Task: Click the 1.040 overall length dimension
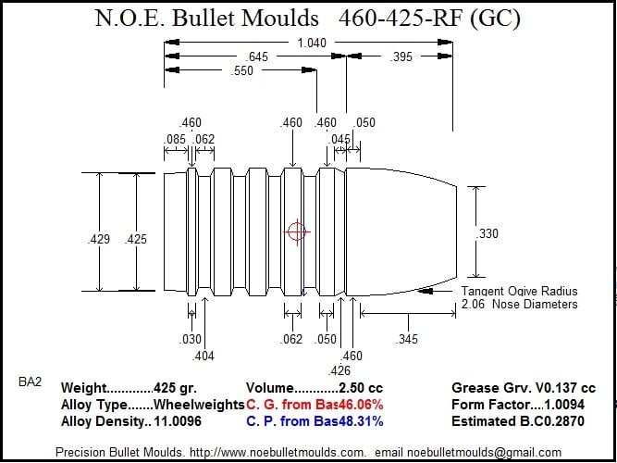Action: tap(312, 43)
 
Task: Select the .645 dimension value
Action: tap(256, 56)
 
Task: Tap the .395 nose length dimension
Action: tap(401, 56)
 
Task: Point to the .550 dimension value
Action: tap(241, 71)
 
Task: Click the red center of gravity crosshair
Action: tap(297, 232)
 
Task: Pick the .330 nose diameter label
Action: tap(487, 233)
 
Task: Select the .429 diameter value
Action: tap(98, 239)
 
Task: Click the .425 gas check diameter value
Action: tap(135, 239)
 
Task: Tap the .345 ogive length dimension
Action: tap(406, 339)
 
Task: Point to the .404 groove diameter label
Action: tap(203, 356)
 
